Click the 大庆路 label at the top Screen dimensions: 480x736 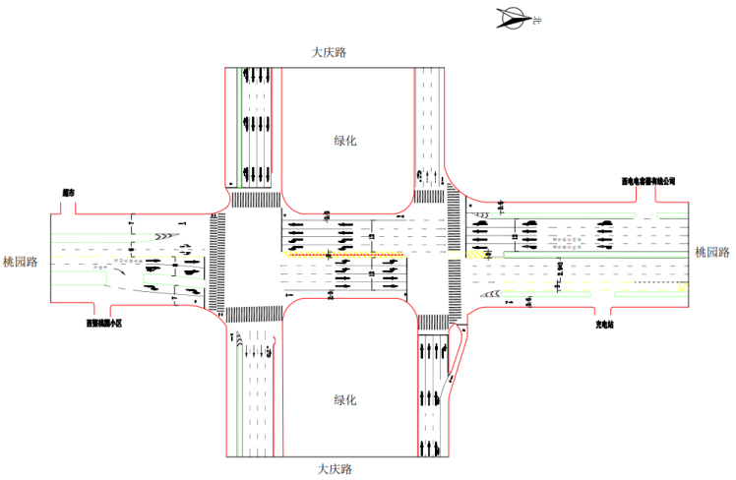coord(330,52)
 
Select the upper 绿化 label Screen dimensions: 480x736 coord(345,141)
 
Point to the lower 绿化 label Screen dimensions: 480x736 coord(345,399)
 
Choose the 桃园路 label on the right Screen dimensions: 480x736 coord(713,253)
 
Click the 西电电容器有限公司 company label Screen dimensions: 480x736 coord(648,181)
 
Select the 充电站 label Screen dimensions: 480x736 coord(604,322)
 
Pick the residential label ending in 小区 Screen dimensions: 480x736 coord(103,322)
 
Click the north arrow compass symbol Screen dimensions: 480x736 coord(514,16)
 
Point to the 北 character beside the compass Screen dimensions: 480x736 coord(537,19)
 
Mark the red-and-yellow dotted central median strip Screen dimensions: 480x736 coord(344,255)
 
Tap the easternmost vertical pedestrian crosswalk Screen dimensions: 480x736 coord(455,259)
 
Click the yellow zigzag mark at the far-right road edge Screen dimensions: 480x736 coord(682,287)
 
